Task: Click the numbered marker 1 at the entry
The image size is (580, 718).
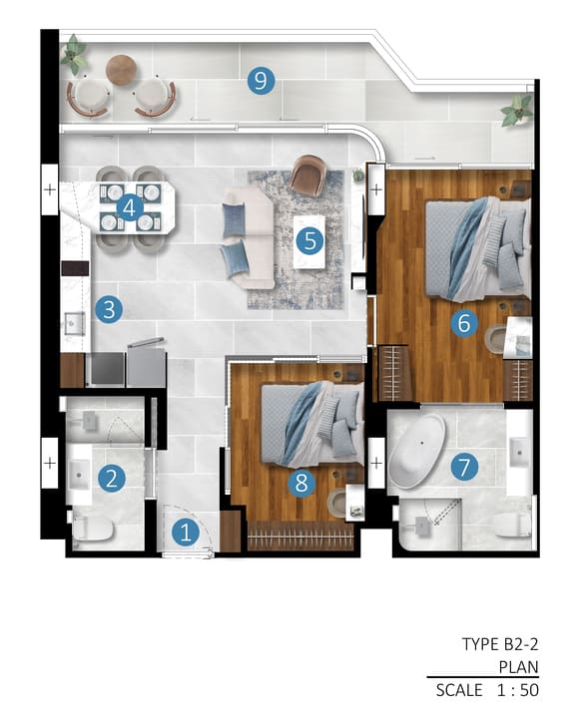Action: point(186,533)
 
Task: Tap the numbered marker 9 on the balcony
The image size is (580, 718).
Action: point(261,81)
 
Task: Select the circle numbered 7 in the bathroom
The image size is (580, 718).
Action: point(464,468)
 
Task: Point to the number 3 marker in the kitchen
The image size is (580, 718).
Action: point(109,309)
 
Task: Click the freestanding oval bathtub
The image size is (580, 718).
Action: point(416,452)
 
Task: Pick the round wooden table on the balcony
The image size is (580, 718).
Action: point(121,70)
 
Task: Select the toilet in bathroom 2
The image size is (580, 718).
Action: point(92,528)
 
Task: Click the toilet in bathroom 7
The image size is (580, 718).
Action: point(512,525)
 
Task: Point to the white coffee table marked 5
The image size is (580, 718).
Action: point(309,241)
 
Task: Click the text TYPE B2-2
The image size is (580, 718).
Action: point(500,644)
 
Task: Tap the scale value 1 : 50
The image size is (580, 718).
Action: point(518,690)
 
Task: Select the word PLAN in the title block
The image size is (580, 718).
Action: point(518,667)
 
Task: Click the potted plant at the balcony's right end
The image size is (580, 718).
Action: point(516,110)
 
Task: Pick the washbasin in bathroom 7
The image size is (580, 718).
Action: point(519,452)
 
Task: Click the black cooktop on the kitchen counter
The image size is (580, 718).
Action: point(75,269)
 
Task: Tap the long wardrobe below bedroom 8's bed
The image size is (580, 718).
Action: point(300,536)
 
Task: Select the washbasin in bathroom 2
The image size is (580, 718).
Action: point(80,474)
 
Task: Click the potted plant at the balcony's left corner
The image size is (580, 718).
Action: point(73,54)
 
